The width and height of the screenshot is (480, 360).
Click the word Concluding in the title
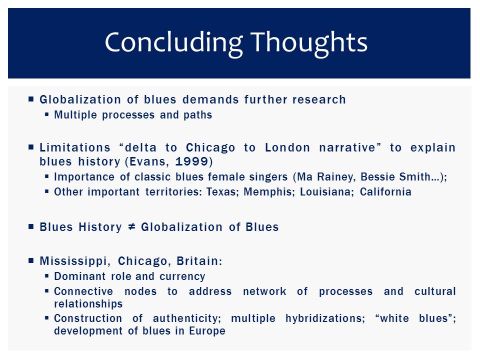pos(174,43)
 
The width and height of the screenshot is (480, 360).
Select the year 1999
pos(191,161)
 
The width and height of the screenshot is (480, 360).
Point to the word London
pos(287,147)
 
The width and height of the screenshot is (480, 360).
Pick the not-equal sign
pos(131,227)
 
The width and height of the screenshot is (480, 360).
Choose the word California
pos(385,191)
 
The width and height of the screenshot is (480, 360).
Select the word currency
pos(182,276)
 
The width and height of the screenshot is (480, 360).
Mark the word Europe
pos(207,330)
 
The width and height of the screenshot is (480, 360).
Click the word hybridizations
pos(325,318)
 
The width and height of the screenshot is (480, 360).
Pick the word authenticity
pos(187,318)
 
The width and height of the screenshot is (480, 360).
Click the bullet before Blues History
pos(31,227)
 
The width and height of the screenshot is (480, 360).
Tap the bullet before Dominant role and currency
pos(47,276)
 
